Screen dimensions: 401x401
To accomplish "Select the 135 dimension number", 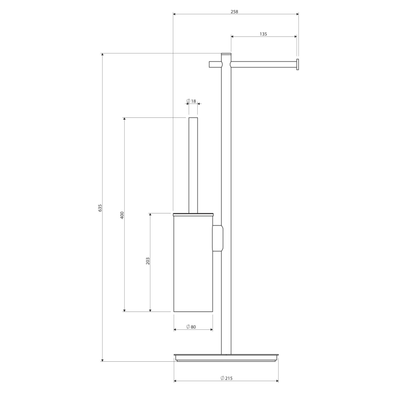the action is [x=263, y=34].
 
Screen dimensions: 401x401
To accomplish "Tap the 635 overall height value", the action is [x=99, y=208].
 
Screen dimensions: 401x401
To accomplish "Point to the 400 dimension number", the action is [x=122, y=215].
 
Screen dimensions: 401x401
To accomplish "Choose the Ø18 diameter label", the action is [x=191, y=101].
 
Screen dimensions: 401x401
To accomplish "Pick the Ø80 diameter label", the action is [x=191, y=327].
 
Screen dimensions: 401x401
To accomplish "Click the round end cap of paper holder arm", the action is [x=298, y=65].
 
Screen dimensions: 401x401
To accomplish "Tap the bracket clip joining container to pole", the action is [x=217, y=238].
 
